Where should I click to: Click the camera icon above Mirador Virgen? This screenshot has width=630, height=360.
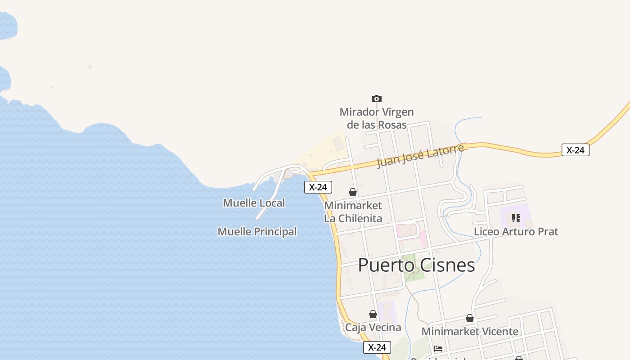[377, 99]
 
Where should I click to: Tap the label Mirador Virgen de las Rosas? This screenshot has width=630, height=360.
[377, 118]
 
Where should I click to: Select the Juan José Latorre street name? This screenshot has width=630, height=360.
[420, 156]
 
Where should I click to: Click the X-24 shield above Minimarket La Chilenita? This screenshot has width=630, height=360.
[318, 187]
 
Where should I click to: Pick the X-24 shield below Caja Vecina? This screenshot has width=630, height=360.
[377, 347]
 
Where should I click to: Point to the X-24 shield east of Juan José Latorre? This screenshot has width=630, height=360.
[575, 150]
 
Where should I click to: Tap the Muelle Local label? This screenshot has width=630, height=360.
[254, 203]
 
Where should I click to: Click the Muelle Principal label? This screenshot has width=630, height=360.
[257, 232]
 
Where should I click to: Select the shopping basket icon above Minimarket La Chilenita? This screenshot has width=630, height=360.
[353, 192]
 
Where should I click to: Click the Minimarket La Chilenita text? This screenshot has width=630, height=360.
[353, 212]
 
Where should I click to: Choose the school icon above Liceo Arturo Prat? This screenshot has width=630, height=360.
[516, 218]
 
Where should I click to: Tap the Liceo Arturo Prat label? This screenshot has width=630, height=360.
[516, 232]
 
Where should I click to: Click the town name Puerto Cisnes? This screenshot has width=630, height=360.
[416, 265]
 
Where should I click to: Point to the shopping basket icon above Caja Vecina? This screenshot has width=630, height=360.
[373, 314]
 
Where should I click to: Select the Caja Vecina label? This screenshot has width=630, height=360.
[373, 327]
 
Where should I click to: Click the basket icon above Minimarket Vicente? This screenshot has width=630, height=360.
[470, 319]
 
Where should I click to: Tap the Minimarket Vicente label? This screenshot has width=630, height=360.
[470, 332]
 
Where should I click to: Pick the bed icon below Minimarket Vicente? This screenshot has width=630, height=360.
[438, 349]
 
